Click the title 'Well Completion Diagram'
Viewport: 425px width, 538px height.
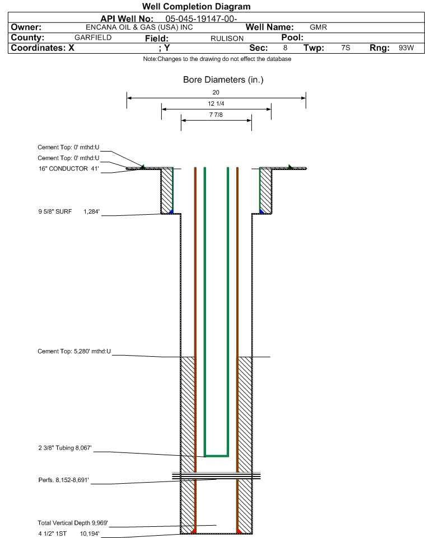[x=196, y=7]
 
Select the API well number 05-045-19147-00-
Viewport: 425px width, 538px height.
[x=202, y=19]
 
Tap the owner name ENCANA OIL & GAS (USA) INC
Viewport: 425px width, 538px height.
[x=139, y=27]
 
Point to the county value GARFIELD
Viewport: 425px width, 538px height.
[x=93, y=37]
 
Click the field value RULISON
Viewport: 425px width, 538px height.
[x=227, y=39]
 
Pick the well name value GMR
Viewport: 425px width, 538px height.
[x=319, y=27]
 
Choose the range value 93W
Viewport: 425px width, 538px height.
[x=407, y=48]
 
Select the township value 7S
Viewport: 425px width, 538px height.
[x=345, y=48]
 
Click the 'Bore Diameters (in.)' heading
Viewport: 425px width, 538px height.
[x=223, y=80]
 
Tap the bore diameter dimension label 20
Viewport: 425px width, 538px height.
[x=216, y=92]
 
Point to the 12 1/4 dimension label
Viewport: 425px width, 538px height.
[x=216, y=103]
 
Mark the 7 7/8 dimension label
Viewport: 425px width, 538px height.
[x=216, y=115]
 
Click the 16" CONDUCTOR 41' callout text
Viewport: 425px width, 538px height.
[x=69, y=169]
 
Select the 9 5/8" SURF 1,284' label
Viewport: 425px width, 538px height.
[x=69, y=212]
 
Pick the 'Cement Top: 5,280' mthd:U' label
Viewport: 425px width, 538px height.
[x=74, y=351]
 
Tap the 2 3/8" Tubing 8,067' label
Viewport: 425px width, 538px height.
[x=65, y=448]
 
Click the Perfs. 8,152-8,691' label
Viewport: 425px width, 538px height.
[x=64, y=480]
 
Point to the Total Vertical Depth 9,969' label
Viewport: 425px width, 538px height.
[x=73, y=523]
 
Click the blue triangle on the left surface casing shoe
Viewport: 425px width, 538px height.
[x=171, y=211]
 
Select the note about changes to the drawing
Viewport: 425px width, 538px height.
[x=217, y=59]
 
